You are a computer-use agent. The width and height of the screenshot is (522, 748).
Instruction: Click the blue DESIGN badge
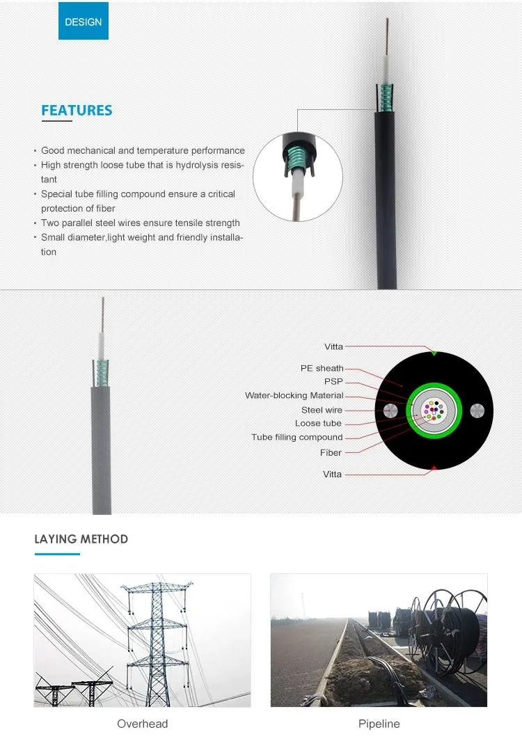click(83, 22)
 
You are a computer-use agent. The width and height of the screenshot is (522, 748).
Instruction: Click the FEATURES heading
click(77, 110)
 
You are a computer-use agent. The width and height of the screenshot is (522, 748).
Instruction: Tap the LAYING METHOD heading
click(81, 539)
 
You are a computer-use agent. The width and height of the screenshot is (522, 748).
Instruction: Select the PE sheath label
click(322, 368)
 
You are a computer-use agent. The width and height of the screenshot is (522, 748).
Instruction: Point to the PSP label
click(333, 381)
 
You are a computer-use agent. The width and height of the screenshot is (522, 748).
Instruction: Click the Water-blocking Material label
click(294, 395)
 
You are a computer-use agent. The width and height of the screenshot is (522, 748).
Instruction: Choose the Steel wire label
click(322, 410)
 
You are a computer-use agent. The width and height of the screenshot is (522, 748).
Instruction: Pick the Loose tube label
click(318, 423)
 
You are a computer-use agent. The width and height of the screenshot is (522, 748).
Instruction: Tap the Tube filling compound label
click(297, 437)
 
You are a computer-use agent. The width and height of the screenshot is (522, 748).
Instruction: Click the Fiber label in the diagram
click(331, 452)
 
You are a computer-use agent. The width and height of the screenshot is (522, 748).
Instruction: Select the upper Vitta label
click(333, 347)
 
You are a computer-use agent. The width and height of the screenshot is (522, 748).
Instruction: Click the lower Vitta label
click(333, 474)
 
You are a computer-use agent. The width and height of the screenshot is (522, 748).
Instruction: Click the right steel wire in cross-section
click(477, 410)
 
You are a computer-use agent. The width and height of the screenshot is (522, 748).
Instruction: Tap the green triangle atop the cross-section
click(434, 353)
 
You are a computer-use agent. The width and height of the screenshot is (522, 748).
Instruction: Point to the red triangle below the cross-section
click(434, 468)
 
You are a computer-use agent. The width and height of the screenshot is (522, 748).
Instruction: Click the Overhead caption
click(142, 724)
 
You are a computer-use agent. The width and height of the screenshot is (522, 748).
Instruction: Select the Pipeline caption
click(379, 724)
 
